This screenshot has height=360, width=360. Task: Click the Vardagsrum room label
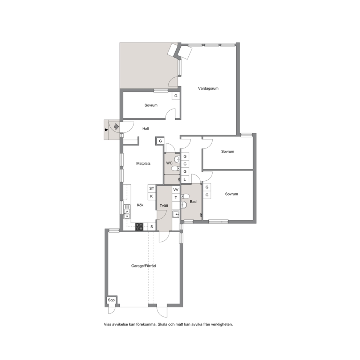point(208,89)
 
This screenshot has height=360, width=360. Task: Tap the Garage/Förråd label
point(143,266)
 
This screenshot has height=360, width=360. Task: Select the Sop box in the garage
point(111,300)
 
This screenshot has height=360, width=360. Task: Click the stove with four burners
point(139,227)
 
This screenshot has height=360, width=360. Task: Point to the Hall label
point(146,129)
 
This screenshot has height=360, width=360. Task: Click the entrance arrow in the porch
point(116,127)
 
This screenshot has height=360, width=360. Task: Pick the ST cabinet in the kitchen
point(152,188)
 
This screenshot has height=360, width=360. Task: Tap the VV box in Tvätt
point(176,190)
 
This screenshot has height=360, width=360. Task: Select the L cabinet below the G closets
point(185,179)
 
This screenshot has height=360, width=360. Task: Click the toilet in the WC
point(175,169)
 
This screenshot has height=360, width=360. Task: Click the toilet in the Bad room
point(185,196)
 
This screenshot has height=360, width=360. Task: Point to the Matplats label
point(143,163)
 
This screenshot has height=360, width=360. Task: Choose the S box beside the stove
point(152,227)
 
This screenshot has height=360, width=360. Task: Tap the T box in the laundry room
point(176,197)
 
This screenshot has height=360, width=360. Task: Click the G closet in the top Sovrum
point(176,96)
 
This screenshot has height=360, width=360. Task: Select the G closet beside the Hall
point(160,141)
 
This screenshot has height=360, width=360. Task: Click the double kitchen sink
point(127,214)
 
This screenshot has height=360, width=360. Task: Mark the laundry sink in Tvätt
point(176,214)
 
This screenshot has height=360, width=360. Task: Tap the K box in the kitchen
point(152,196)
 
